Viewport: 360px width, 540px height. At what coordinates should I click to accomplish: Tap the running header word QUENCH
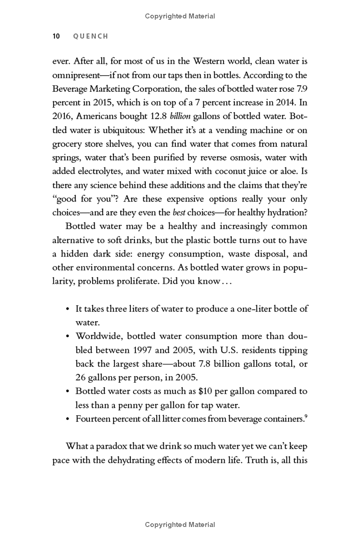[90, 36]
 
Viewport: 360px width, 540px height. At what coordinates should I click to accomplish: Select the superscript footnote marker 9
[306, 416]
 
